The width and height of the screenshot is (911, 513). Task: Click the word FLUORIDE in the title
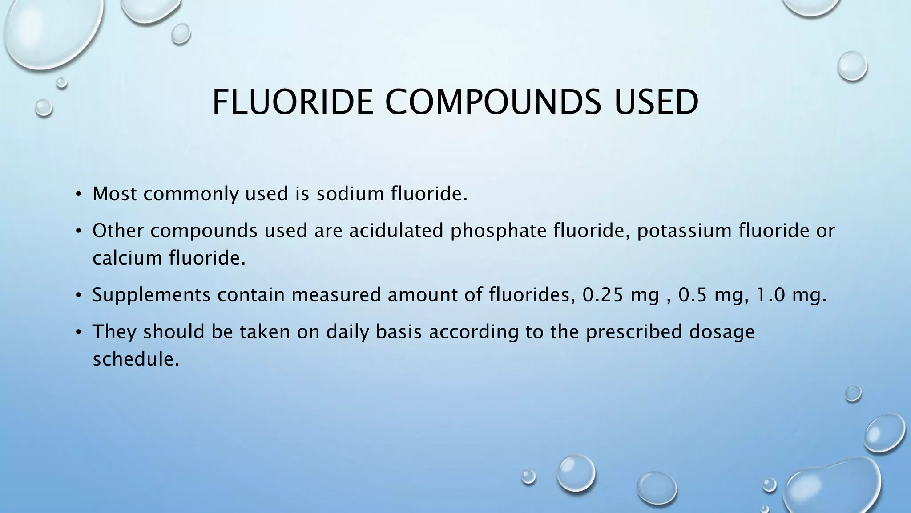[x=292, y=102]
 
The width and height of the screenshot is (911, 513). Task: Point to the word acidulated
[x=396, y=231]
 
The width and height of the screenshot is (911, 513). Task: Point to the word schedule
[x=136, y=359]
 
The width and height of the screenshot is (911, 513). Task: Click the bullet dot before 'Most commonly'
[x=78, y=194]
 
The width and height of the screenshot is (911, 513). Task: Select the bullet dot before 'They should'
[x=78, y=332]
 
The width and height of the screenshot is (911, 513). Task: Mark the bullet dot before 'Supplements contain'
[x=78, y=295]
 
